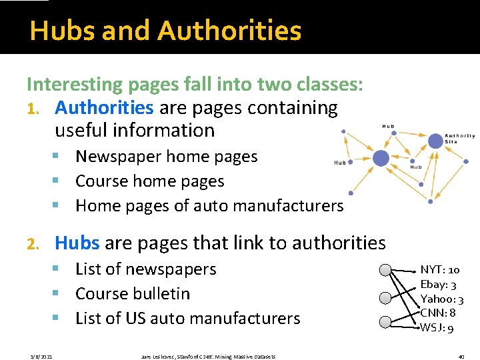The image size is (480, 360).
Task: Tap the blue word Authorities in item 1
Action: pyautogui.click(x=104, y=107)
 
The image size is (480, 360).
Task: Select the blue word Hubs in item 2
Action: pyautogui.click(x=77, y=243)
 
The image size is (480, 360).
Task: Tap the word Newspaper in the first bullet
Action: pyautogui.click(x=119, y=157)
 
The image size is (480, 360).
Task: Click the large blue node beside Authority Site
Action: pyautogui.click(x=435, y=140)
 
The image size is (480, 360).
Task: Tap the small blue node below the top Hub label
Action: pyautogui.click(x=394, y=133)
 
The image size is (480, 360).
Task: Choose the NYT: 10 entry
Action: pyautogui.click(x=439, y=270)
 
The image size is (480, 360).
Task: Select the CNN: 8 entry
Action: pyautogui.click(x=438, y=313)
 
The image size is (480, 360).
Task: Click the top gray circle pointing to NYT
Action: pyautogui.click(x=385, y=270)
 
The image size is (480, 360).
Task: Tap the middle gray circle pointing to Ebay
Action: pyautogui.click(x=385, y=297)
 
